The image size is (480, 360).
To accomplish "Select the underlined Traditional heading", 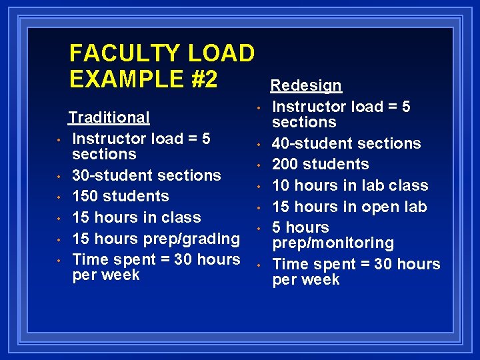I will click(109, 117).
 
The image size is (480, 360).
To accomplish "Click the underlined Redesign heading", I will click(305, 85).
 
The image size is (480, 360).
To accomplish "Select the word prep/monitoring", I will click(333, 243).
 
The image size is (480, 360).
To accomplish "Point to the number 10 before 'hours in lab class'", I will click(281, 185).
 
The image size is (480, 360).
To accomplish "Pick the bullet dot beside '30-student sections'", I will click(59, 177).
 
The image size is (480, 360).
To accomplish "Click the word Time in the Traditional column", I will click(89, 259).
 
